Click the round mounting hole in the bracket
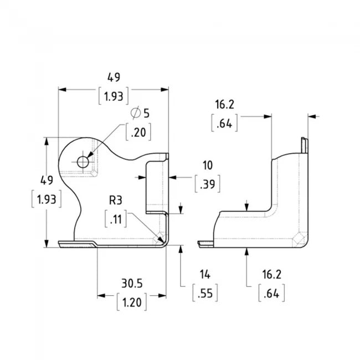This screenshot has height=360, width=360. (x=83, y=162)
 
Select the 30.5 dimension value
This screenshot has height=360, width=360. (x=132, y=283)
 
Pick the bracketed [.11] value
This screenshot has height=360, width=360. (x=116, y=219)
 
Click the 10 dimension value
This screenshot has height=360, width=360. (x=207, y=165)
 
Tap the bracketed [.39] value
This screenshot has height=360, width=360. (x=208, y=184)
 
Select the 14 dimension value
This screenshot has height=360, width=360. (x=206, y=274)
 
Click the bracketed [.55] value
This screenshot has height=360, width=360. (x=206, y=292)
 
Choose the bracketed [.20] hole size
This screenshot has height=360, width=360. (x=138, y=132)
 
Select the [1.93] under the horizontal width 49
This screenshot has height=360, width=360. (x=114, y=96)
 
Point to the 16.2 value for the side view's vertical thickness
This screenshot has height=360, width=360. (x=271, y=274)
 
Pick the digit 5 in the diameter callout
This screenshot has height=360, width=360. (x=146, y=113)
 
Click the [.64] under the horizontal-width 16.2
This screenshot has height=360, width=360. (x=225, y=123)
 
